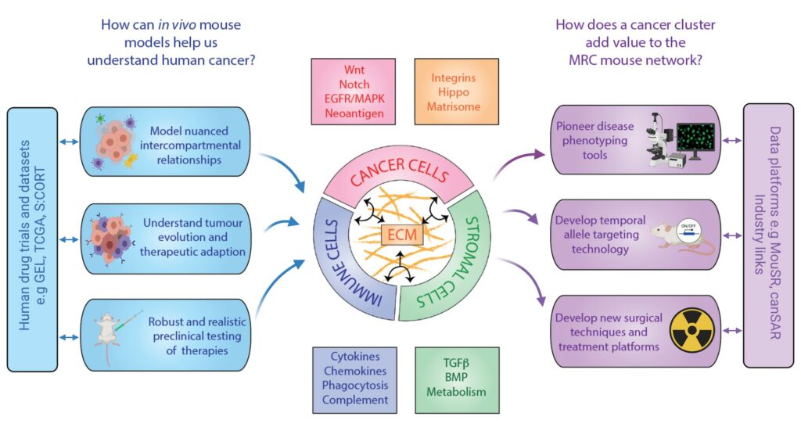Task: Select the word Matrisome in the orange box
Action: pos(454,106)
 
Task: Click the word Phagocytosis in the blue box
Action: pos(355,386)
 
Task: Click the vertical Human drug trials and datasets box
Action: pos(31,239)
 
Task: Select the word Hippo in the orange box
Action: pos(454,92)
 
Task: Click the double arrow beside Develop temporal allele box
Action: pos(732,235)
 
